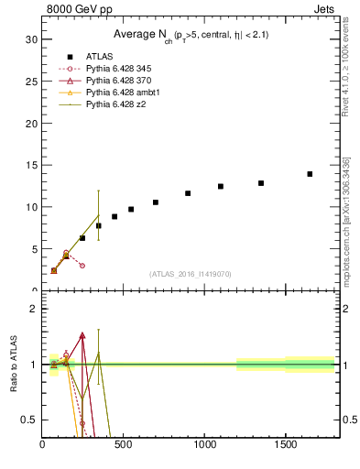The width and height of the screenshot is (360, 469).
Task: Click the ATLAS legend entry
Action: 99,57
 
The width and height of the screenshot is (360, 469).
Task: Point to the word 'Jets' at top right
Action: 325,10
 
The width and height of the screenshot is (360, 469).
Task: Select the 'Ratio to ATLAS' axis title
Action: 16,365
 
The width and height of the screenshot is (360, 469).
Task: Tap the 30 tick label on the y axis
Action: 31,39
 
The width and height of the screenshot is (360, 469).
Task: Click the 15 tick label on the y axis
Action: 31,165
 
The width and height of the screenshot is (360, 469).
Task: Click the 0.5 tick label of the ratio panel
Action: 29,420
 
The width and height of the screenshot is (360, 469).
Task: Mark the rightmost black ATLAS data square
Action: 310,174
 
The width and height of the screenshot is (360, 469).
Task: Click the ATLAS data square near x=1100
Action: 221,186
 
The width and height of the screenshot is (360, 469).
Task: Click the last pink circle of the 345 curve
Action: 82,266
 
